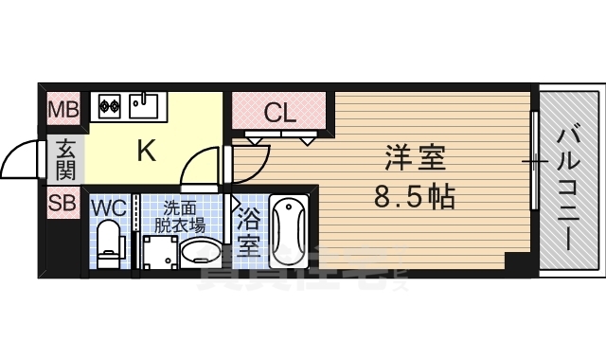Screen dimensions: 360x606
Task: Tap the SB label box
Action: pyautogui.click(x=64, y=202)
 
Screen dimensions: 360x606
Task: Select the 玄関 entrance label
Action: pyautogui.click(x=65, y=159)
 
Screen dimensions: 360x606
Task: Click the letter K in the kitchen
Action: pyautogui.click(x=147, y=150)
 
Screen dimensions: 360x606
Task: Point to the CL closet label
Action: pyautogui.click(x=280, y=113)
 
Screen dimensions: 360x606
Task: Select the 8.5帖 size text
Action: pyautogui.click(x=415, y=197)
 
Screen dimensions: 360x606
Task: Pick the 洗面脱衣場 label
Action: pyautogui.click(x=183, y=216)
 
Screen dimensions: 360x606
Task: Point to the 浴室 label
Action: pyautogui.click(x=248, y=233)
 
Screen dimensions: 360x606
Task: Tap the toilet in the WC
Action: pyautogui.click(x=111, y=243)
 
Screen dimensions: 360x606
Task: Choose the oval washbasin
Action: pyautogui.click(x=200, y=253)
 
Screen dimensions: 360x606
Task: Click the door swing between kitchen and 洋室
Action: pyautogui.click(x=204, y=167)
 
